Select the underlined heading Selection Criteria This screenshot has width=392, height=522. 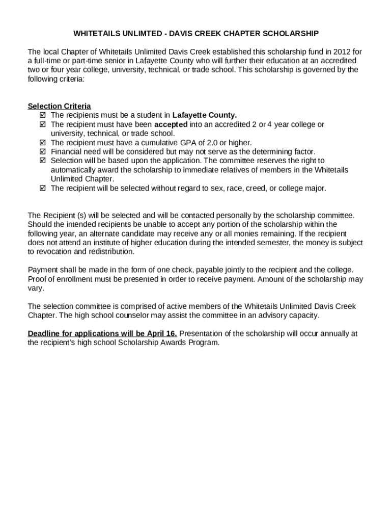[x=60, y=106]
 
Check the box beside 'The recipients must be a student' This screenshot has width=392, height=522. [x=42, y=115]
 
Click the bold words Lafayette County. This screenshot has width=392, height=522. [x=205, y=115]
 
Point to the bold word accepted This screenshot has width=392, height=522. [x=171, y=124]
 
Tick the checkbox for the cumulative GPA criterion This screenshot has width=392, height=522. [x=42, y=143]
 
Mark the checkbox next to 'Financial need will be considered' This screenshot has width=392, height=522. [x=42, y=152]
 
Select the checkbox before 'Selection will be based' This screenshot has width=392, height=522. [x=42, y=161]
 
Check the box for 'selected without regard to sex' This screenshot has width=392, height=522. [x=42, y=189]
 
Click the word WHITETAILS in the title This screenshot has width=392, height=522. [x=96, y=34]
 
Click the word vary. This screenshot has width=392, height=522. [x=36, y=288]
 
